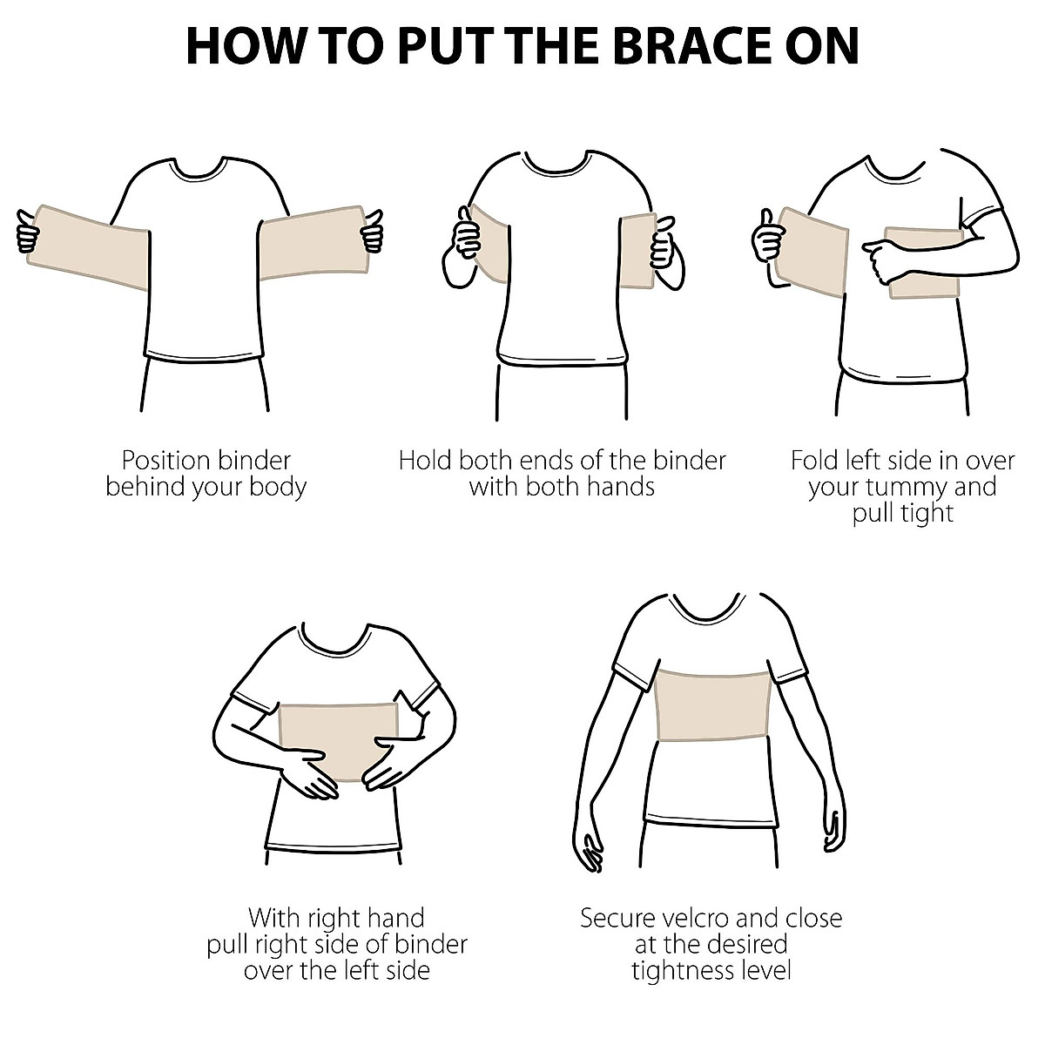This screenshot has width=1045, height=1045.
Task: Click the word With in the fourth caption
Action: point(274,918)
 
